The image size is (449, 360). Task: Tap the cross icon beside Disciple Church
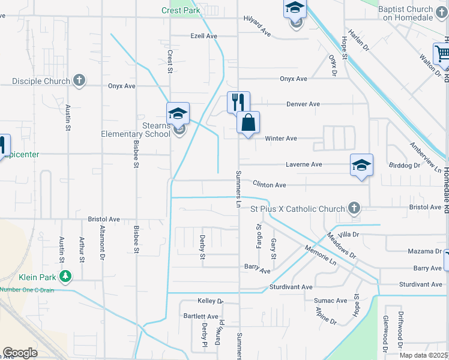[79, 80]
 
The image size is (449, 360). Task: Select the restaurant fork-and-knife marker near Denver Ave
[238, 102]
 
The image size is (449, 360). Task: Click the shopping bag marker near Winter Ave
[248, 123]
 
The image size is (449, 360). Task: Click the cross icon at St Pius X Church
[354, 208]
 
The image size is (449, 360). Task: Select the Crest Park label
[180, 10]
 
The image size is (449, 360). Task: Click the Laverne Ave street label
[304, 164]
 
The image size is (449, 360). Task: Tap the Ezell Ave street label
[203, 36]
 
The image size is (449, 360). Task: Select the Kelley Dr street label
[210, 301]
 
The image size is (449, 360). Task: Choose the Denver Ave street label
[303, 104]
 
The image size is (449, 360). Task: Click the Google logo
[20, 353]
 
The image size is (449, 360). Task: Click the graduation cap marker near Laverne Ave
[362, 165]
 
